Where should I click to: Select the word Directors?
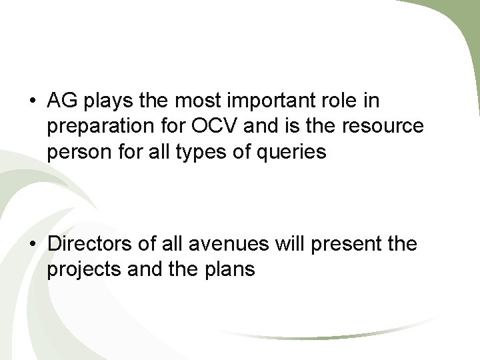click(x=89, y=245)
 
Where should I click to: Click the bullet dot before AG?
click(x=32, y=103)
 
